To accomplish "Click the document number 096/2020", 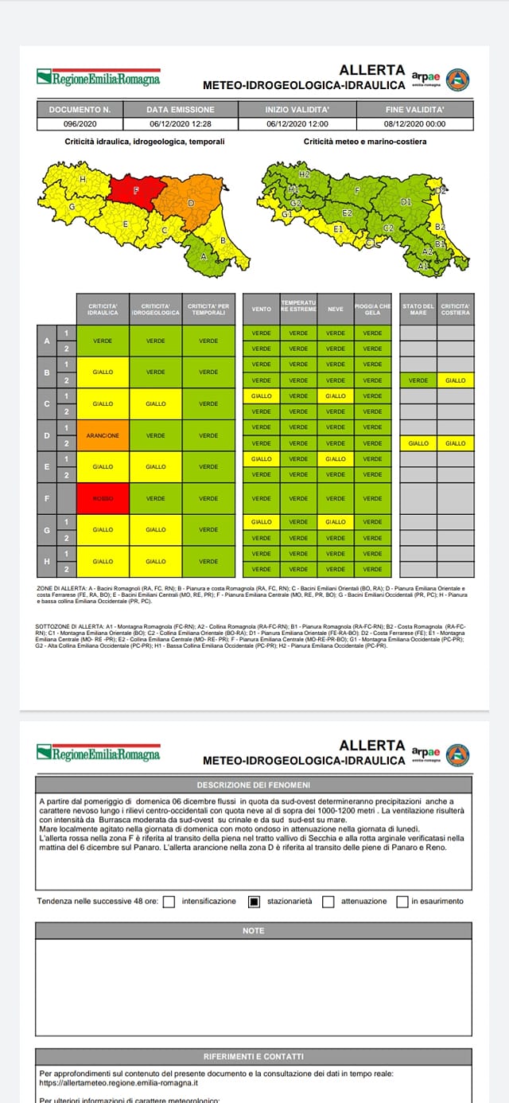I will [80, 124].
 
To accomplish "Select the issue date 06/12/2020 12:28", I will [181, 124].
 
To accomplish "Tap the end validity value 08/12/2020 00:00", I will [414, 124].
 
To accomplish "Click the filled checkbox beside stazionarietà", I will [254, 902].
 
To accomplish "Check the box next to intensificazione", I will [169, 902].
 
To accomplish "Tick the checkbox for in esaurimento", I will [402, 902].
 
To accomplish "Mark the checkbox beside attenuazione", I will [328, 902].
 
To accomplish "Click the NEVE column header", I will [336, 309].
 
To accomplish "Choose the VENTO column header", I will [261, 309].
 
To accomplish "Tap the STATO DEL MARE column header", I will [418, 309].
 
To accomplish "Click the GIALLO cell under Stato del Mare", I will [418, 443].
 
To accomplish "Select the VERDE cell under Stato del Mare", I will [418, 380].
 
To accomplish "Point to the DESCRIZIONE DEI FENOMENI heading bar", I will [254, 784].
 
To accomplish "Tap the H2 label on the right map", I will [305, 173].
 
